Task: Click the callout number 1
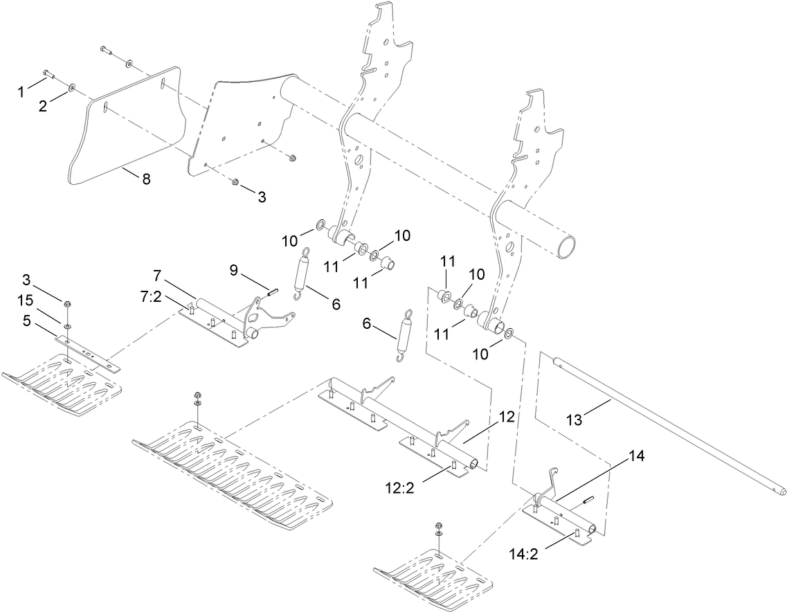(21, 90)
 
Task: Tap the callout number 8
(145, 179)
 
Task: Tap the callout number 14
(636, 456)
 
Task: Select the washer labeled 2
(72, 88)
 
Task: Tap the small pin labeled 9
(269, 291)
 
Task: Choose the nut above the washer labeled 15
(66, 304)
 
